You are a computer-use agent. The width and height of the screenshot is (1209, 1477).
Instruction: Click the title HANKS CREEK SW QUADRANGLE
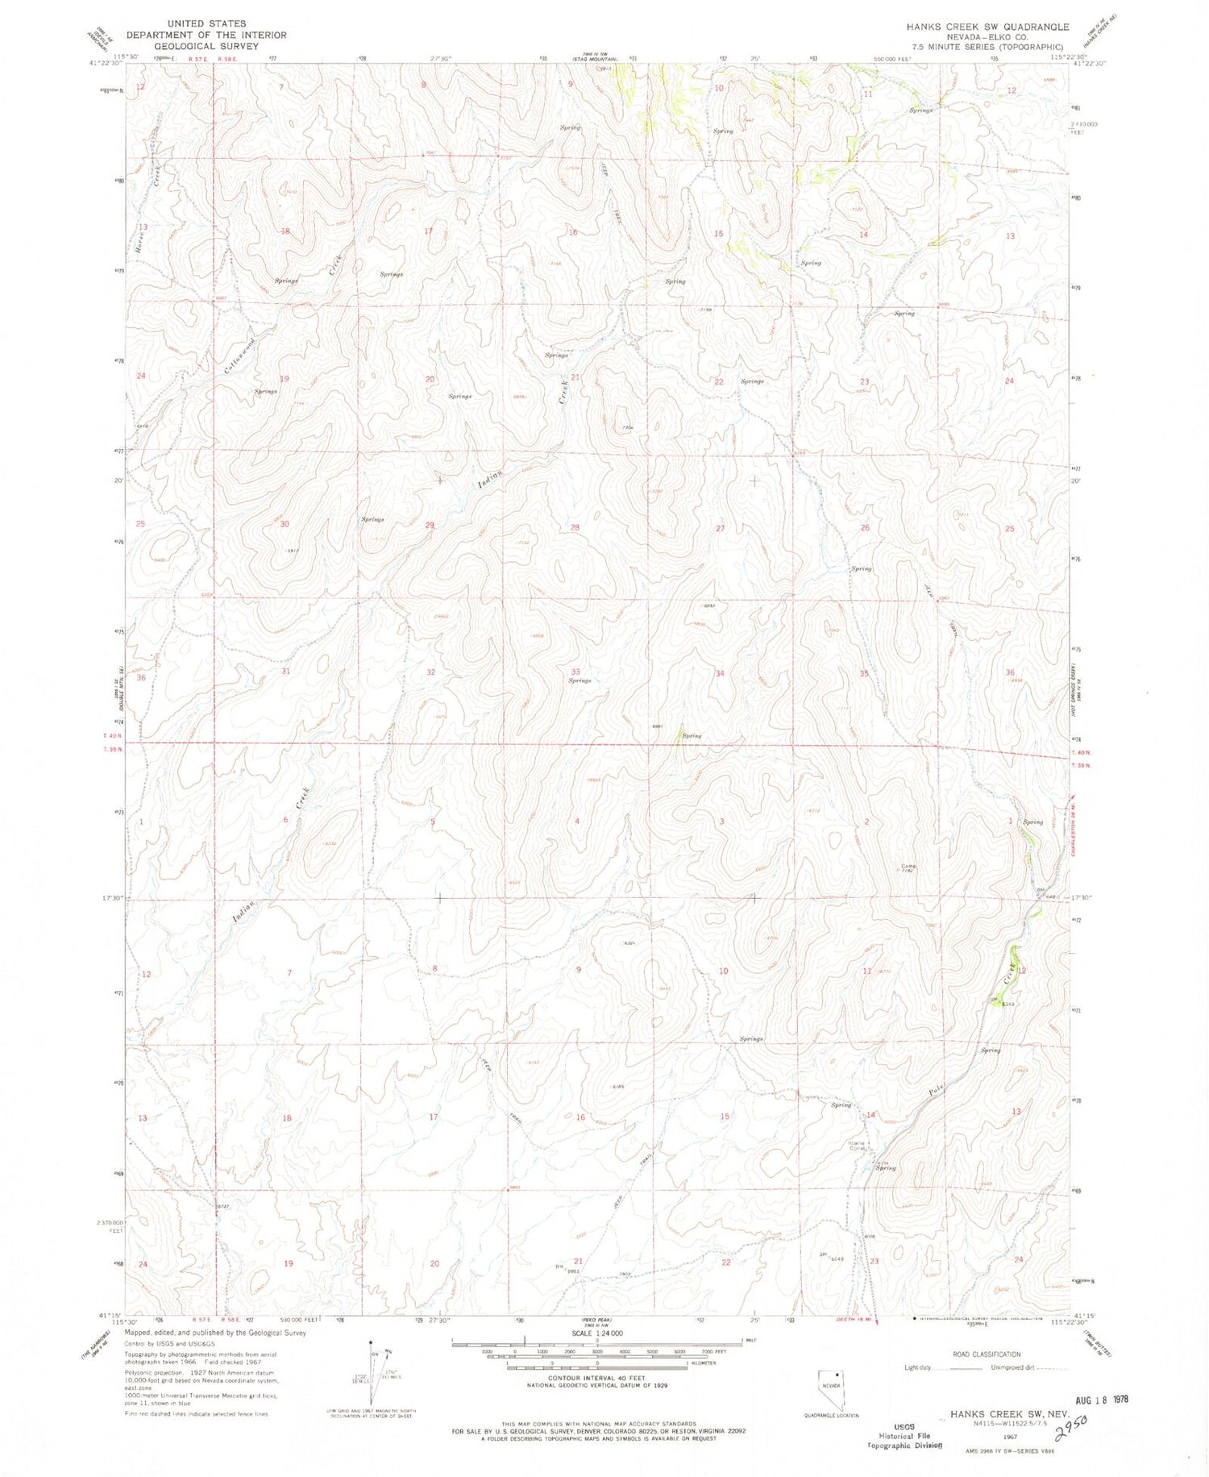[x=987, y=27]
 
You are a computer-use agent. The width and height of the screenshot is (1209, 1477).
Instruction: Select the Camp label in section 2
[x=908, y=866]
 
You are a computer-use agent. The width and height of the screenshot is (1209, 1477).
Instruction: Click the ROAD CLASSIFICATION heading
[x=986, y=1354]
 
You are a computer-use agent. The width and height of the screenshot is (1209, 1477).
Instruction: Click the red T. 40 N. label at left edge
[x=112, y=735]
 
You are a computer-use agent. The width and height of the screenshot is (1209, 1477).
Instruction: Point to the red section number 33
[x=575, y=672]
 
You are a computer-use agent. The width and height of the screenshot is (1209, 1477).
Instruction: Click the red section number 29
[x=430, y=525]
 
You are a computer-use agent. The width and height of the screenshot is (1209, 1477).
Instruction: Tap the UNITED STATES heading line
[x=208, y=23]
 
